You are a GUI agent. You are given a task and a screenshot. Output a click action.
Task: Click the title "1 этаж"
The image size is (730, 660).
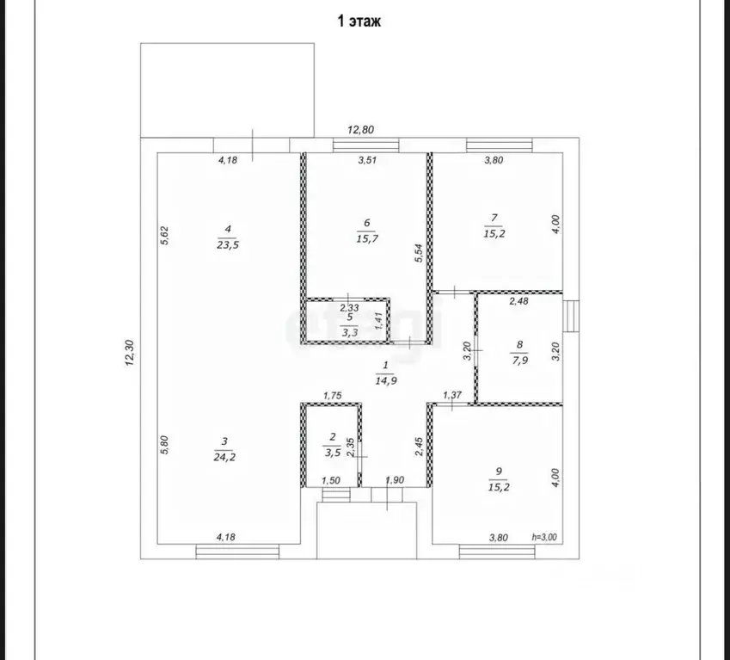coord(359,21)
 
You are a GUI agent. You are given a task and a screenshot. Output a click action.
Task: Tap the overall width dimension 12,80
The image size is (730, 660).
coord(361,130)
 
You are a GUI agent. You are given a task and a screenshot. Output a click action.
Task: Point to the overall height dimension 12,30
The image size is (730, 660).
coord(130,353)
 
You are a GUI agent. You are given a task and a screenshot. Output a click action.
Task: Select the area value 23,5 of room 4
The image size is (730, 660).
coord(228,245)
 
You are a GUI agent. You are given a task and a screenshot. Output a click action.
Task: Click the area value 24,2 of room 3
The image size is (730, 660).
coord(224,457)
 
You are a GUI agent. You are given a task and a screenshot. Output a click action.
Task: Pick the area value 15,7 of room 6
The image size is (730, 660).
coord(367,238)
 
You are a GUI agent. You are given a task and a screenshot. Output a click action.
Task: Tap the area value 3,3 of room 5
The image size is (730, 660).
coord(350,332)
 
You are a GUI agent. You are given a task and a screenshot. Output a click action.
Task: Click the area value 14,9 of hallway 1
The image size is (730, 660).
coord(386,380)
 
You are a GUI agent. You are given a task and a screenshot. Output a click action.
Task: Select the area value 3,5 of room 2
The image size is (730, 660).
coord(333,453)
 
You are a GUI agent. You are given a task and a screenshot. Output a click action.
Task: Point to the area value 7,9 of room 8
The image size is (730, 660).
coord(520,360)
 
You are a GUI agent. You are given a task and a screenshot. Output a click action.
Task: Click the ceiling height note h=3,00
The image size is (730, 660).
coord(544,537)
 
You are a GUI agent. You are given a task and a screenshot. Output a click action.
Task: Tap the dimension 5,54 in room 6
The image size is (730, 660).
coord(419,253)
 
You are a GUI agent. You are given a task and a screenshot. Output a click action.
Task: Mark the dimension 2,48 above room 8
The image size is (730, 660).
coord(518,301)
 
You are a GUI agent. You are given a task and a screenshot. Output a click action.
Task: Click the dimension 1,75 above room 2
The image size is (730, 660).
coord(333,396)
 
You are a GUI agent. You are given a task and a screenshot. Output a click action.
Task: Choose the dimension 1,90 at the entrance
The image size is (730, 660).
coord(395,480)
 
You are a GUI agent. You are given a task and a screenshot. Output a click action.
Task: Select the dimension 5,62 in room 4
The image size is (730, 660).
coord(164,235)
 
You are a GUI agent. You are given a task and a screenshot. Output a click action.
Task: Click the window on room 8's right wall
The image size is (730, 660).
coord(571,316)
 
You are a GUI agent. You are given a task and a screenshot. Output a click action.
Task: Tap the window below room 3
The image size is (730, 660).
coord(237,552)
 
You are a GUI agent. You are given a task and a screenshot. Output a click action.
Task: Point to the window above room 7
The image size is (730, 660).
coord(500,145)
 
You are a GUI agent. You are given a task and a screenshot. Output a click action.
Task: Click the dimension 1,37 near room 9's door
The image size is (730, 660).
coord(452,395)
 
